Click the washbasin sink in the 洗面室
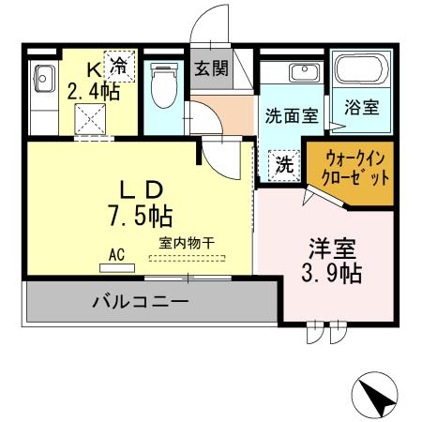point(303,73)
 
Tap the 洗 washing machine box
point(284,165)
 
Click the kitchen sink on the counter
point(44,77)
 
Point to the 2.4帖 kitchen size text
point(93,92)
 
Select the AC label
point(117,253)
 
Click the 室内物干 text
point(187,243)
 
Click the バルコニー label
point(141,302)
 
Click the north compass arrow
point(380,399)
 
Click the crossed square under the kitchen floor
point(93,120)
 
